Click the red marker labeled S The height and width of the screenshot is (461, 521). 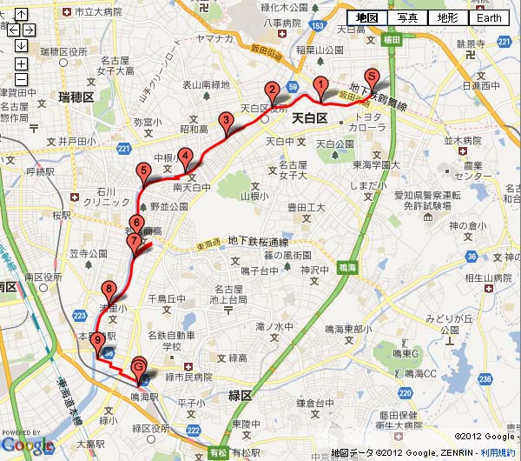pyautogui.click(x=372, y=77)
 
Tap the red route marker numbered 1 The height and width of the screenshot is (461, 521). pyautogui.click(x=320, y=86)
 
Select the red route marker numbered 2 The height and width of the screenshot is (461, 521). pyautogui.click(x=271, y=90)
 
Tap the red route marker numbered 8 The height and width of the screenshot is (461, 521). pyautogui.click(x=109, y=291)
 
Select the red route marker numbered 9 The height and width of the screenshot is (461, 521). pyautogui.click(x=96, y=341)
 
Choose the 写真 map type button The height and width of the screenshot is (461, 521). pyautogui.click(x=408, y=18)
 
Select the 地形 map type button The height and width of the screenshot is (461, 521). pyautogui.click(x=449, y=18)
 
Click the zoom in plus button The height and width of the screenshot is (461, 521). pyautogui.click(x=21, y=63)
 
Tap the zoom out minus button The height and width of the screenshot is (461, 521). pyautogui.click(x=21, y=81)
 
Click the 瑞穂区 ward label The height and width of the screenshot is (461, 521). pyautogui.click(x=76, y=97)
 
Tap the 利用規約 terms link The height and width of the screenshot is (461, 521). pyautogui.click(x=498, y=453)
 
